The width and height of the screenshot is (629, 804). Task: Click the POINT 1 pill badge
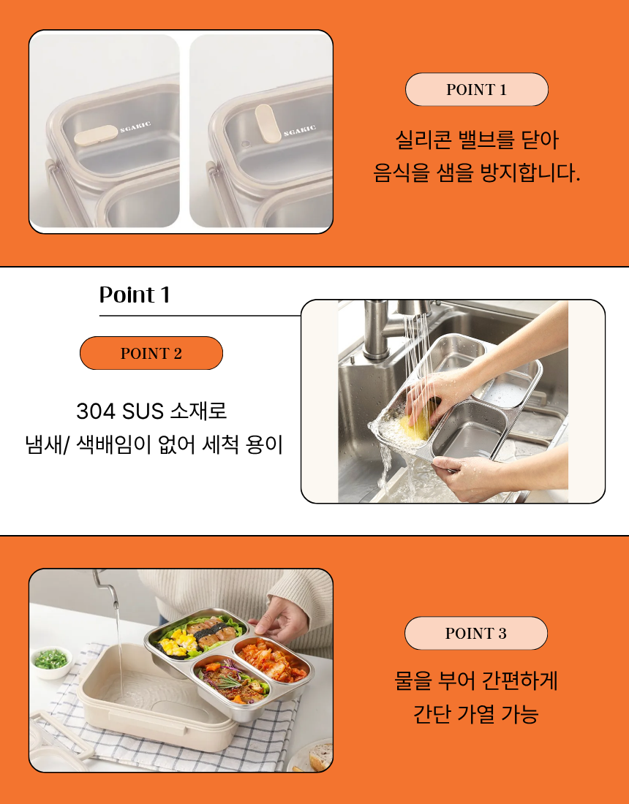pyautogui.click(x=476, y=90)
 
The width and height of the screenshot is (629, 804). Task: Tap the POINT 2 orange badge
pyautogui.click(x=151, y=354)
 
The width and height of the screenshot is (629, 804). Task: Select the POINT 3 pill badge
pyautogui.click(x=475, y=634)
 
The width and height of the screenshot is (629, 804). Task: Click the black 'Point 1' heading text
pyautogui.click(x=135, y=295)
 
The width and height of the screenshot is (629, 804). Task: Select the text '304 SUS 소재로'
pyautogui.click(x=151, y=411)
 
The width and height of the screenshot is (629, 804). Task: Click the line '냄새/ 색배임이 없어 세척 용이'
pyautogui.click(x=154, y=444)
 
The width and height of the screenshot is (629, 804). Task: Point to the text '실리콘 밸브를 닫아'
pyautogui.click(x=477, y=139)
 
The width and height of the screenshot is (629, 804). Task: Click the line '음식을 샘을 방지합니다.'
pyautogui.click(x=477, y=174)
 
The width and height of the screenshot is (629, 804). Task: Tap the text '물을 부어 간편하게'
pyautogui.click(x=476, y=681)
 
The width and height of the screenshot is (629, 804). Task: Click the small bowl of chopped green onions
pyautogui.click(x=51, y=661)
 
